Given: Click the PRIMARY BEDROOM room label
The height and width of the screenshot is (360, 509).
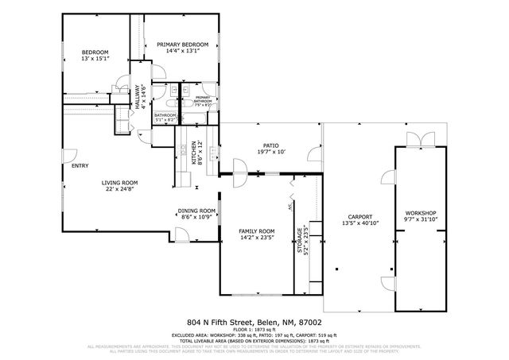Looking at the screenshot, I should (182, 45).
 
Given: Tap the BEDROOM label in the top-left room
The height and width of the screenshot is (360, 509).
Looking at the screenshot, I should (95, 52).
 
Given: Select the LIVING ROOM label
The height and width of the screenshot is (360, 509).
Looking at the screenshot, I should (119, 182).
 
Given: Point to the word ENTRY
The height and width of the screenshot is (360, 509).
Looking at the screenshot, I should (80, 165).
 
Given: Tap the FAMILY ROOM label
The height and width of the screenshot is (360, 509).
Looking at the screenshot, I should (255, 230).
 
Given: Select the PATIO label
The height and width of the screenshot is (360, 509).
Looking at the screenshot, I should (270, 145).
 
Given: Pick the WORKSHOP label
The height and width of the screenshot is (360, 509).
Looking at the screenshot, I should (421, 213).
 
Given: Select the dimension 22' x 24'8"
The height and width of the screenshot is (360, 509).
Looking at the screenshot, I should (119, 189).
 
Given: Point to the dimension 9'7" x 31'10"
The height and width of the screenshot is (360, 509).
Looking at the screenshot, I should (421, 219).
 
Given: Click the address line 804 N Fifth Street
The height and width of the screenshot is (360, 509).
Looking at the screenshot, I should (254, 322).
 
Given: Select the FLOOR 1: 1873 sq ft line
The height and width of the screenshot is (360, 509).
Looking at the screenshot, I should (254, 329).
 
